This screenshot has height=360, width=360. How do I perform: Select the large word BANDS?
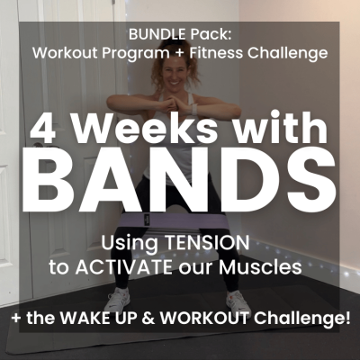181,184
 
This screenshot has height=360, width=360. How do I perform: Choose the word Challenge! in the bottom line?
297,321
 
